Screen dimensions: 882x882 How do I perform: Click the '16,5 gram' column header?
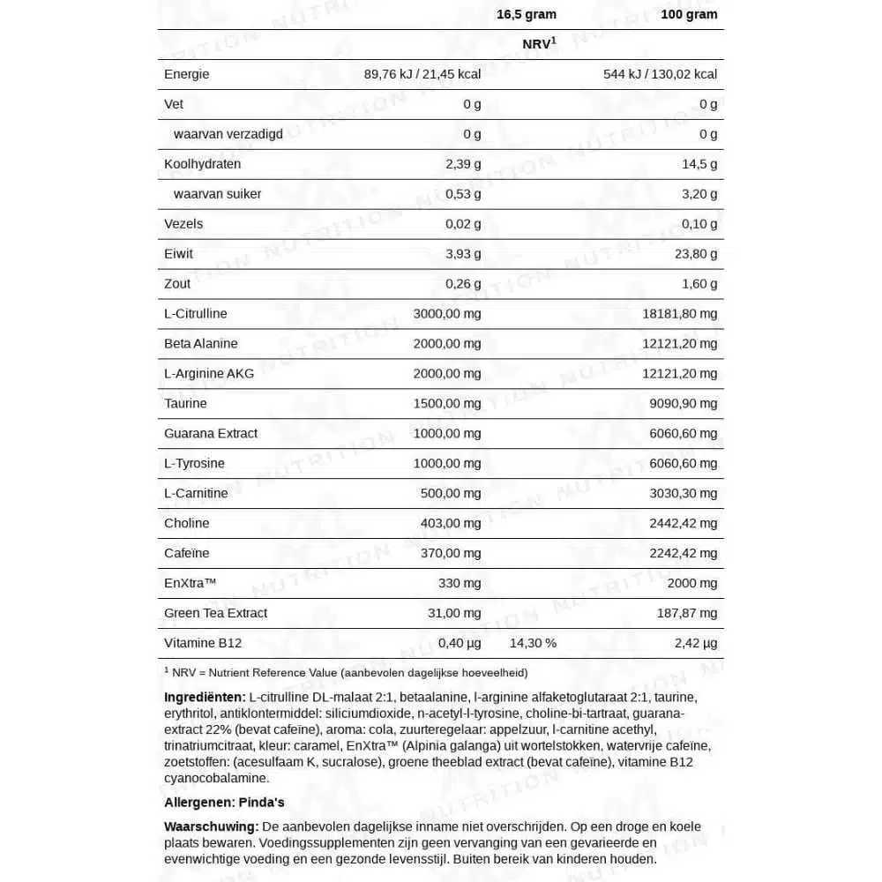click(x=527, y=14)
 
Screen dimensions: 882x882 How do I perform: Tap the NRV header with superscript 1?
click(x=539, y=43)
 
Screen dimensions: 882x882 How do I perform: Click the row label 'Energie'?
click(x=187, y=74)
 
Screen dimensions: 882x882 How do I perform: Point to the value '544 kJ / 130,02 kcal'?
click(x=660, y=74)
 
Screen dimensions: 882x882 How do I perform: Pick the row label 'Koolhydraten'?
click(x=202, y=164)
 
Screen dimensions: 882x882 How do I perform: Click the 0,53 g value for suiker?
click(x=463, y=194)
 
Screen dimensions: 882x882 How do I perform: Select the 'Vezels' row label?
click(x=183, y=224)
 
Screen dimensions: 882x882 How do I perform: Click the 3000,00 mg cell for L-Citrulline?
click(x=447, y=314)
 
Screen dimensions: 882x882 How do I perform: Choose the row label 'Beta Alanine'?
click(x=201, y=344)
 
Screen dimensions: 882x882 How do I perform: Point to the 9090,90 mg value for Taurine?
click(x=684, y=404)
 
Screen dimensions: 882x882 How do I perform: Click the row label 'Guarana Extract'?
click(x=211, y=434)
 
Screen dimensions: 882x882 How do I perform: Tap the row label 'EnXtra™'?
click(x=191, y=584)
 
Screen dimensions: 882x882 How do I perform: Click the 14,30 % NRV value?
click(x=533, y=643)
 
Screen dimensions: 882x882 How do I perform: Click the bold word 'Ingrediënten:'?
click(x=205, y=698)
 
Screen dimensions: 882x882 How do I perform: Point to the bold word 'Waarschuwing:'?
click(x=211, y=826)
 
